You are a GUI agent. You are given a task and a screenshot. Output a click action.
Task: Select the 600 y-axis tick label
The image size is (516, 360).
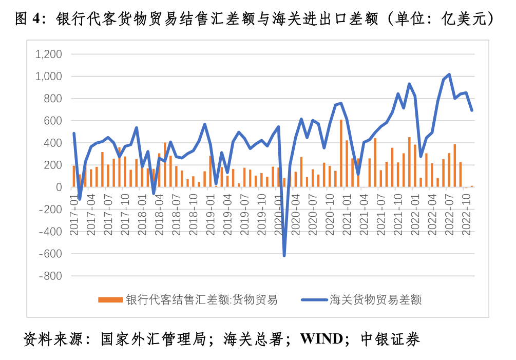point(52,121)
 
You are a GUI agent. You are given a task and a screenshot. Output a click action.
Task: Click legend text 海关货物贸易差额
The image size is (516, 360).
point(375,300)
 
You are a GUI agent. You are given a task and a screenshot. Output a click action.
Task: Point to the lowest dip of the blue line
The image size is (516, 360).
point(284,255)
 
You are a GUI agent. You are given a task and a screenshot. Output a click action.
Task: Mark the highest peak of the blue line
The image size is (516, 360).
point(449,74)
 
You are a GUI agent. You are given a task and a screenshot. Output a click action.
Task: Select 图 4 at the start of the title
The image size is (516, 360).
point(27,20)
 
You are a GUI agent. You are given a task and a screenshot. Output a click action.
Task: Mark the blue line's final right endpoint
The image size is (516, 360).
point(472,110)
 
